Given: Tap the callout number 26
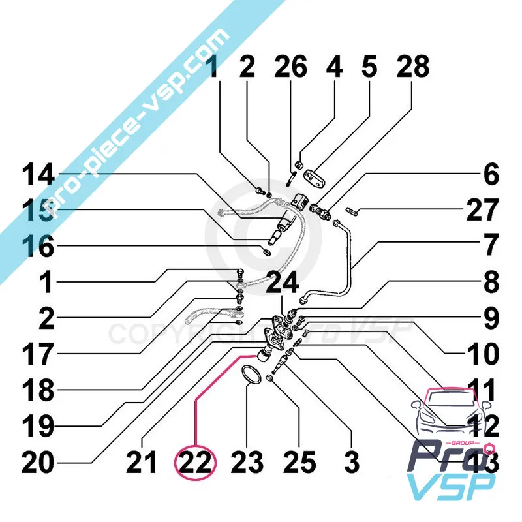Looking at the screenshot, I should point(290,68).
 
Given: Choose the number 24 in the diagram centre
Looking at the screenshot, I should point(282,283).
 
